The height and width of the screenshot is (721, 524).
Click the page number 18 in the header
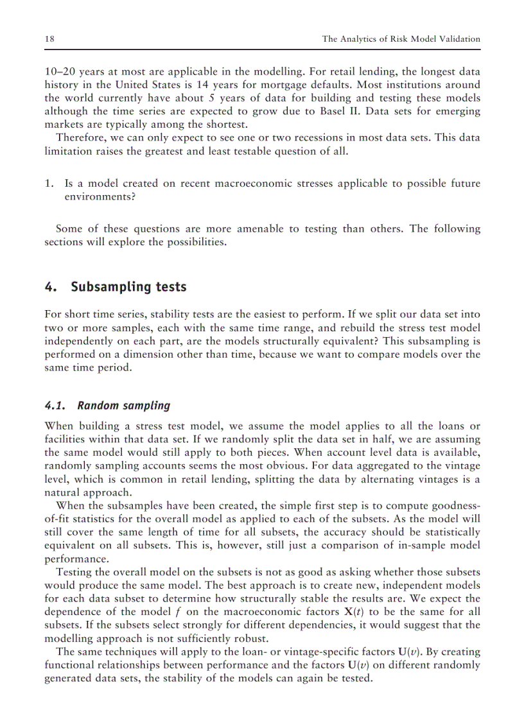coord(49,39)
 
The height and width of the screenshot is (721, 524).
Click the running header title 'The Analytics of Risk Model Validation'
coord(401,39)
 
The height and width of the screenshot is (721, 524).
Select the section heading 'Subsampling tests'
coord(128,287)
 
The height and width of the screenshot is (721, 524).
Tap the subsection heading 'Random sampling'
coord(123,405)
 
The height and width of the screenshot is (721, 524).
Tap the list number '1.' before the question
coord(49,184)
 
